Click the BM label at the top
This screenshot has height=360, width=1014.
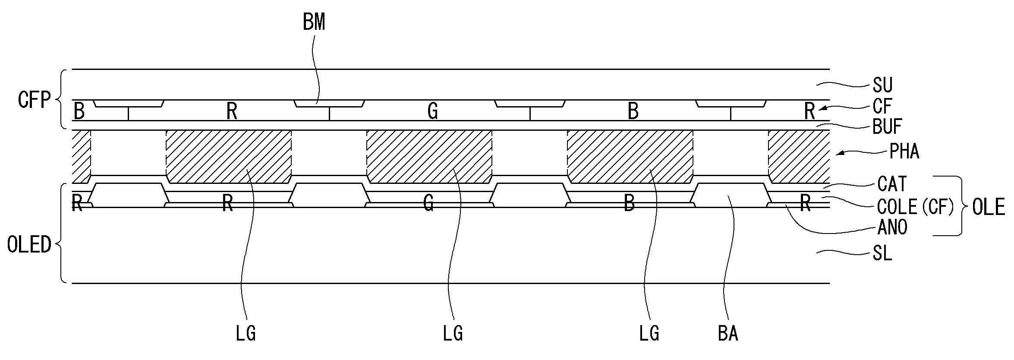click(314, 22)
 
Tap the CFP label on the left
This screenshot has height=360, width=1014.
click(34, 100)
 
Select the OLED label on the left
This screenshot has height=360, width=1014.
click(29, 245)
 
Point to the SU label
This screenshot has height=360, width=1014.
click(882, 85)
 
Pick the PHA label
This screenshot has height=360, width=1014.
click(904, 152)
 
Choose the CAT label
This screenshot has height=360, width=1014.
click(892, 184)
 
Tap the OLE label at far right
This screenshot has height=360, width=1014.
click(988, 208)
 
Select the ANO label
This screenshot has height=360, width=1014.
click(892, 227)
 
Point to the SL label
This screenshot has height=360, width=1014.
click(882, 254)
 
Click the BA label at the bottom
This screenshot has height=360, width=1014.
click(728, 334)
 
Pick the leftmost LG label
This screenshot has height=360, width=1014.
click(246, 334)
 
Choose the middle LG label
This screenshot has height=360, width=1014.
click(453, 334)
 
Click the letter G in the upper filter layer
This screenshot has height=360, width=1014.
click(432, 111)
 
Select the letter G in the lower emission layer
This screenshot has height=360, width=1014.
click(428, 203)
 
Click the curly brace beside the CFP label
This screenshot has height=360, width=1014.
click(60, 99)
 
